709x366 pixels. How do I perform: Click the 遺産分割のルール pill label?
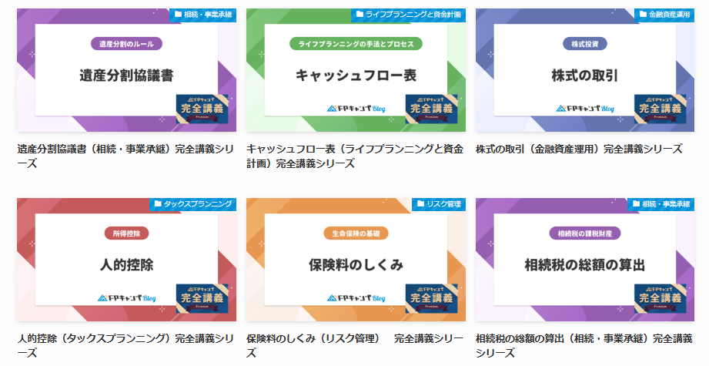(126, 44)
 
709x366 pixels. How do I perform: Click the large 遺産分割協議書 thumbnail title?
(126, 76)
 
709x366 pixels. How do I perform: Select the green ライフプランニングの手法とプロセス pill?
(356, 44)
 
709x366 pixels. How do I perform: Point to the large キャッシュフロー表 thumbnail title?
(356, 76)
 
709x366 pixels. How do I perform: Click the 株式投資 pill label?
(585, 44)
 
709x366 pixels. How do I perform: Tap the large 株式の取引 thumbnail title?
(585, 76)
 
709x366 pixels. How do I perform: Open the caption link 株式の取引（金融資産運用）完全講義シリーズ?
(579, 149)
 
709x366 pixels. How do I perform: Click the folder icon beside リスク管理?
(420, 204)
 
